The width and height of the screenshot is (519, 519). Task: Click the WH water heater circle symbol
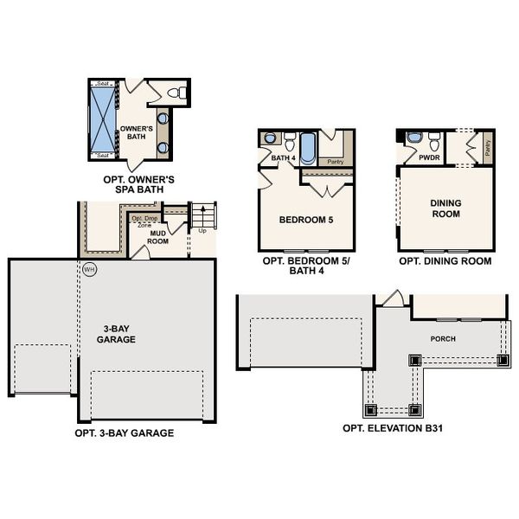point(88,269)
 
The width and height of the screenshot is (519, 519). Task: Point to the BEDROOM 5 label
point(305,220)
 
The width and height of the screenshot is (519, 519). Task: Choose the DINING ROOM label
point(445,208)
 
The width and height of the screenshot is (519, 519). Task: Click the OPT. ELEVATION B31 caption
point(394,428)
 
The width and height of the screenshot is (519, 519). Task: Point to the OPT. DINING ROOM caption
point(445,260)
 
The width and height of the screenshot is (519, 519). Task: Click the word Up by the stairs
point(203,231)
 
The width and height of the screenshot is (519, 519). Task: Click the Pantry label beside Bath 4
point(335,161)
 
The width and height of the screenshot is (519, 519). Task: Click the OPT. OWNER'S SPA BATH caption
point(138,183)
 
